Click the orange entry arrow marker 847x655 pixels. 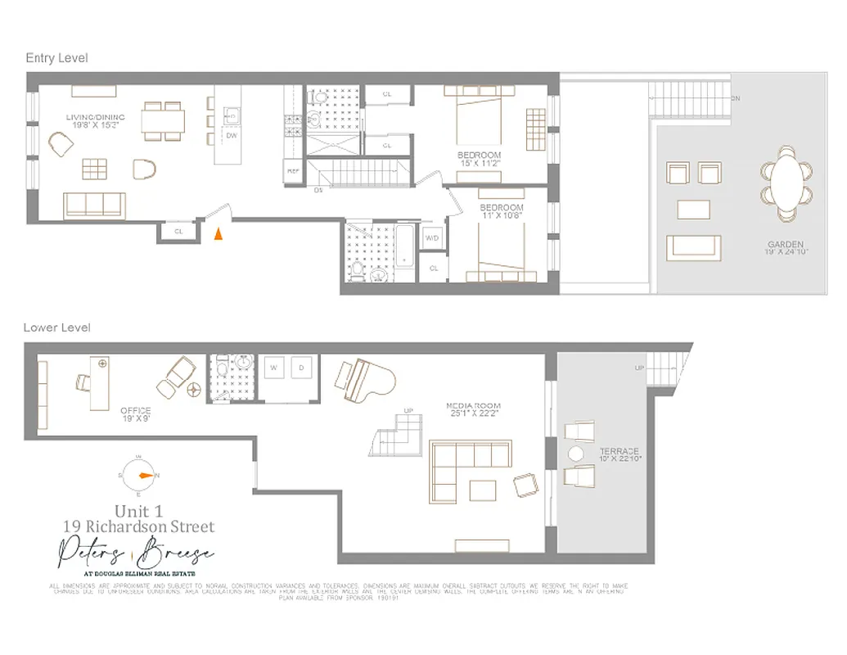pos(218,234)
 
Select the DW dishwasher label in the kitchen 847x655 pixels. pos(232,137)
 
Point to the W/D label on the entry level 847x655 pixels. pos(432,238)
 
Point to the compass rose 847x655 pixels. pos(138,476)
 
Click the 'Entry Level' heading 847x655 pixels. pos(56,58)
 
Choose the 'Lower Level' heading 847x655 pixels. pos(56,327)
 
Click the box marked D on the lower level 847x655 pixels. pos(301,368)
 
